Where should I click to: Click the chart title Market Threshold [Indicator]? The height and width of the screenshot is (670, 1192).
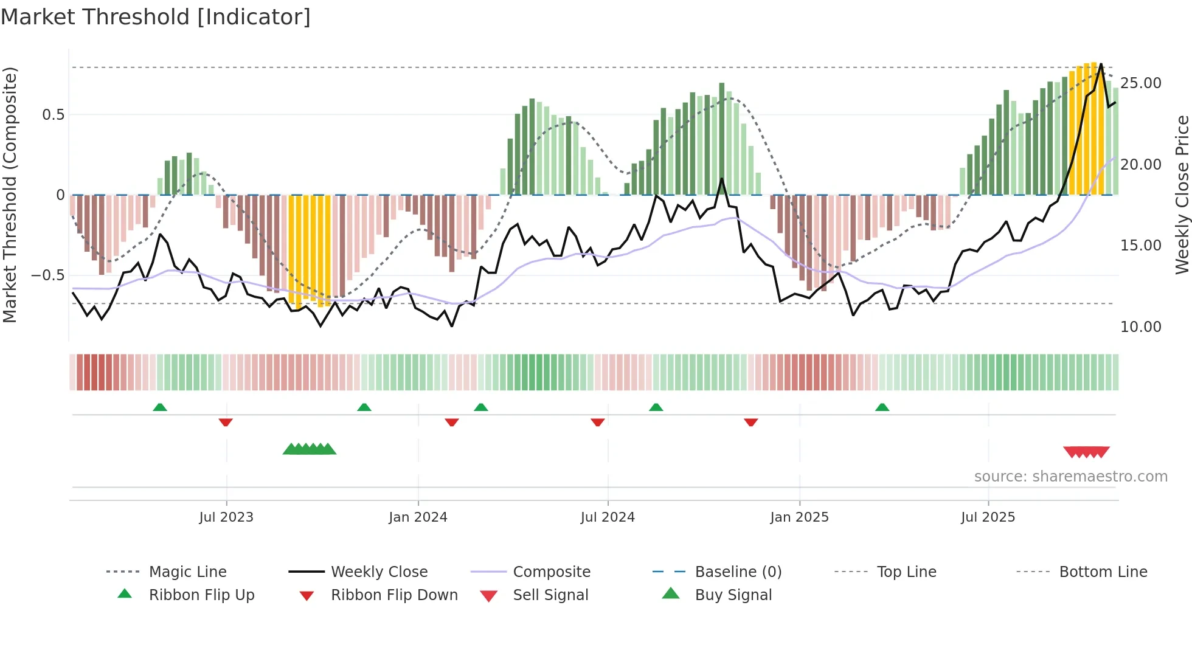point(156,17)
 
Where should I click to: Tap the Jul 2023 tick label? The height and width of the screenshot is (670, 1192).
point(226,517)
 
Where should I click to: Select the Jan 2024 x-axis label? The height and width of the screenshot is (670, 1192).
point(418,517)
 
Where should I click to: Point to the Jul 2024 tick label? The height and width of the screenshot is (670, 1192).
point(608,517)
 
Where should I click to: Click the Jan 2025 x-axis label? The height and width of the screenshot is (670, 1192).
point(799,517)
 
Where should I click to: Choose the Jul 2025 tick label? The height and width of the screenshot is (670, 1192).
point(988,517)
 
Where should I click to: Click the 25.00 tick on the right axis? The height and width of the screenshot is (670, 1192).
point(1140,83)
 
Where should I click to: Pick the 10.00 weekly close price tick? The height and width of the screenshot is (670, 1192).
point(1140,327)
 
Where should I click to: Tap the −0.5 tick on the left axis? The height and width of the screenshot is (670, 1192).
point(48,275)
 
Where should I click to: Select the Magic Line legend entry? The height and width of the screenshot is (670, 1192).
point(187,572)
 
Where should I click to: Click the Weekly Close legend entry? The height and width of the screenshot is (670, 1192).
point(379,572)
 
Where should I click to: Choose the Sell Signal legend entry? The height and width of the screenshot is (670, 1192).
point(550,595)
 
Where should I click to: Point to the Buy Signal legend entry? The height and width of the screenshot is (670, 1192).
point(733,595)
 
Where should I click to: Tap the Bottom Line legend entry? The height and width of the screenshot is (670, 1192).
point(1103,572)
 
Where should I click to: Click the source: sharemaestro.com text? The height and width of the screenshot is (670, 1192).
point(1070,477)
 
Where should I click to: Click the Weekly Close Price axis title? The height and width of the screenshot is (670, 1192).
point(1182,195)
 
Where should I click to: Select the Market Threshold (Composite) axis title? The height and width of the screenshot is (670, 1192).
point(10,195)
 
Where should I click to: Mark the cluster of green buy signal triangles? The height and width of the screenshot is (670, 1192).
point(310,450)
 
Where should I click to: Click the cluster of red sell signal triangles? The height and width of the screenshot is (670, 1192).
point(1086,452)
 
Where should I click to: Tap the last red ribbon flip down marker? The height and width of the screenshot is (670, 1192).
point(750,422)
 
